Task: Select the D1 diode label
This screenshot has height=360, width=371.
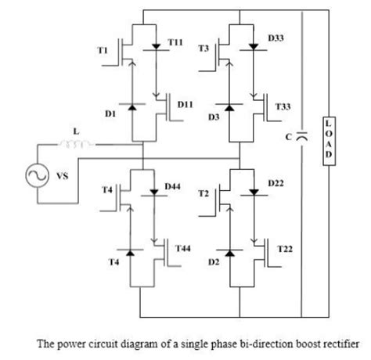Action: [x=110, y=113]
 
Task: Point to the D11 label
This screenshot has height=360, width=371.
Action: [x=186, y=103]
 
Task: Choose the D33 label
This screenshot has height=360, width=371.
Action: [x=276, y=37]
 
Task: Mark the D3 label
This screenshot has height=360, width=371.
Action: [x=212, y=117]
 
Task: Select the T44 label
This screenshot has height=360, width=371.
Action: [x=183, y=247]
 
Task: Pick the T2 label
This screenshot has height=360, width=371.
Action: [x=204, y=193]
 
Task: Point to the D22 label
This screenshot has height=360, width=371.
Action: [x=276, y=182]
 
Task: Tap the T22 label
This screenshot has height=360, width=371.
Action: [x=285, y=248]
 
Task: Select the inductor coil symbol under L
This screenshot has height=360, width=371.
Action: [x=77, y=144]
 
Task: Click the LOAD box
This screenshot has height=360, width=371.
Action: [x=329, y=142]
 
